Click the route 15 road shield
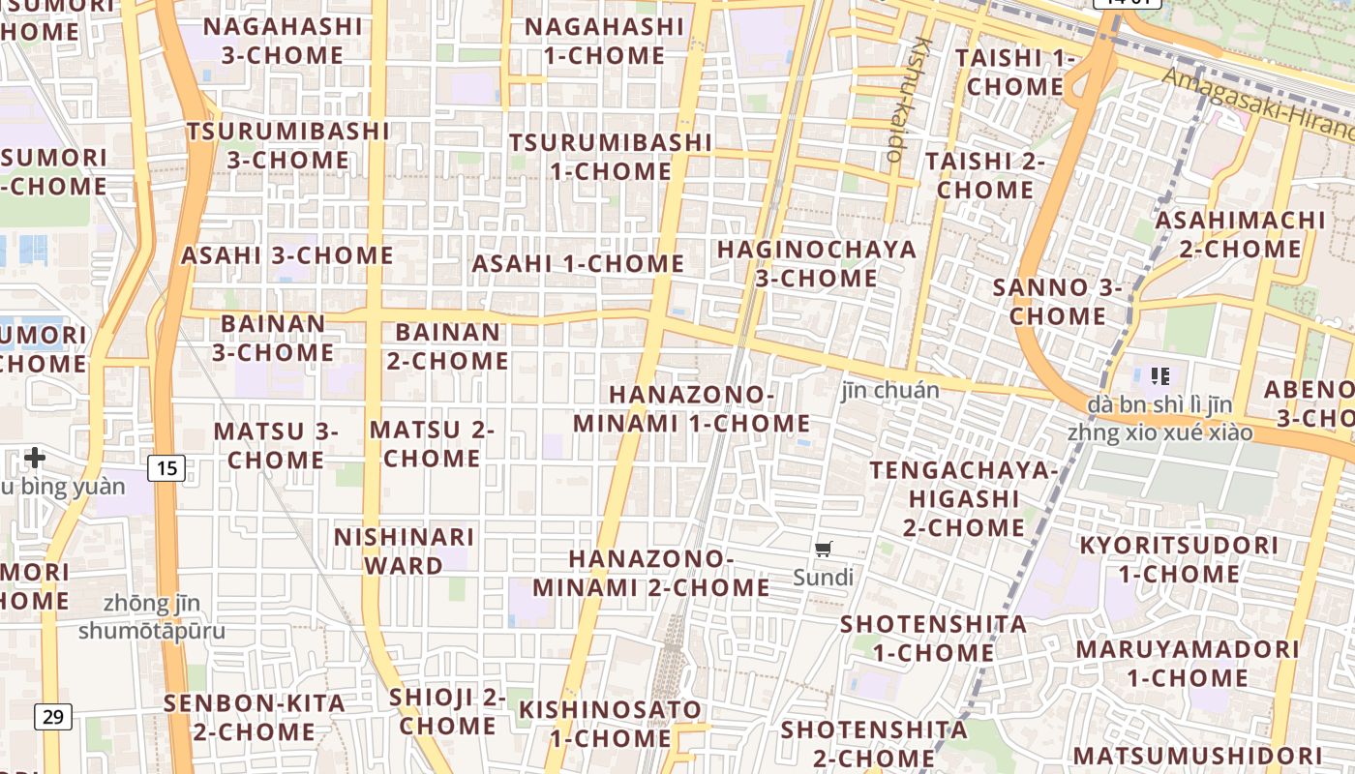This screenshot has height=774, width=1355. tap(166, 469)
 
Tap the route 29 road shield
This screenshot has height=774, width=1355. tap(53, 717)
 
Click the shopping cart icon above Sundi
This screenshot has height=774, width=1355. tap(823, 551)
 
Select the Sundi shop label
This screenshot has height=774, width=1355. tap(823, 578)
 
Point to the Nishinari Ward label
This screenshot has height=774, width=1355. tap(405, 551)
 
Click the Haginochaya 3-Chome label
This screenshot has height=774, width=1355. tap(817, 264)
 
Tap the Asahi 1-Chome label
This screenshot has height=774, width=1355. tap(578, 263)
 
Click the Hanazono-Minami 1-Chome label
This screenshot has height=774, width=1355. tap(691, 409)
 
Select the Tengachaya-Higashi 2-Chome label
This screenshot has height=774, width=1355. tap(964, 499)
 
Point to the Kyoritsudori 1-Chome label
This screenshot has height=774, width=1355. tap(1179, 559)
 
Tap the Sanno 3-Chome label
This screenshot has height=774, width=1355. tap(1058, 302)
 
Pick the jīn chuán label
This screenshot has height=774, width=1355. tap(889, 390)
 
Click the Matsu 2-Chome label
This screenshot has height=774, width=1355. tap(432, 444)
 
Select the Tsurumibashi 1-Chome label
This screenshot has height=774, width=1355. tap(611, 157)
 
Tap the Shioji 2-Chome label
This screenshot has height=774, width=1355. tap(447, 711)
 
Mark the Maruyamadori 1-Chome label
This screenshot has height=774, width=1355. tap(1187, 663)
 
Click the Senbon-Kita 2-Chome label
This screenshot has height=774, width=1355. tap(255, 717)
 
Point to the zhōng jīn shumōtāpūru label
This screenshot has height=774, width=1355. tap(152, 617)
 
